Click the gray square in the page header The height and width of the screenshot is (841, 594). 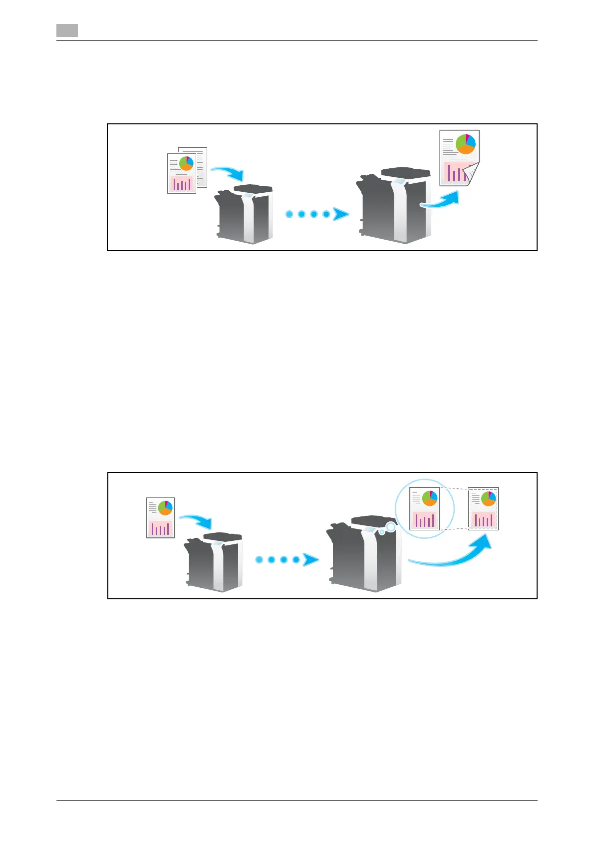pos(67,30)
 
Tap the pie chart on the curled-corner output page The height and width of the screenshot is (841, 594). pos(465,144)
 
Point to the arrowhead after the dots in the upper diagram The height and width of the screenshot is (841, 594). pos(341,214)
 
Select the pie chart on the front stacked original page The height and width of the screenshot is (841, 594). pos(186,163)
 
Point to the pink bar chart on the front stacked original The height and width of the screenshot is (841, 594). pos(182,184)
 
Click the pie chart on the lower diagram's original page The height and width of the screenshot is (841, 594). pos(165,508)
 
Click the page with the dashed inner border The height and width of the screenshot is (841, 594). pos(484,509)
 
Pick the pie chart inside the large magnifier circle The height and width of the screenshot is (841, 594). pos(430,498)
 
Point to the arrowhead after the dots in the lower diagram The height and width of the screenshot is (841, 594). pos(311,560)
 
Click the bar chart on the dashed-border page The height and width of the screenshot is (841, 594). pos(483,520)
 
